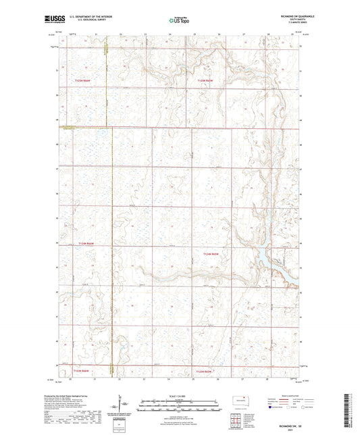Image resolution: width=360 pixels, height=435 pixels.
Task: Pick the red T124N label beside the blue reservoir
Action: pos(213,253)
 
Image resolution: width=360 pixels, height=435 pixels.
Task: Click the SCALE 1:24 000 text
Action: pos(178,395)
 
